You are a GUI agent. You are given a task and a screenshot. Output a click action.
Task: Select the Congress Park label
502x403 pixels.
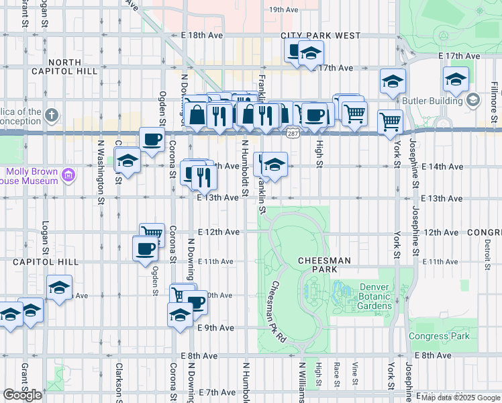pyautogui.click(x=439, y=337)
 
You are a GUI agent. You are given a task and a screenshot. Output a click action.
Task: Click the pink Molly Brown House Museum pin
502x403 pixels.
pyautogui.click(x=68, y=176)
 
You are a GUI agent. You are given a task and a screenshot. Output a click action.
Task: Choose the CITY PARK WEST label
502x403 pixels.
pyautogui.click(x=320, y=36)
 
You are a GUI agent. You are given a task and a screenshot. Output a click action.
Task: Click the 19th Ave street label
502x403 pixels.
pyautogui.click(x=283, y=10)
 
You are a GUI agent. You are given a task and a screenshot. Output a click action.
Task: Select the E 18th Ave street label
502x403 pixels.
pyautogui.click(x=201, y=35)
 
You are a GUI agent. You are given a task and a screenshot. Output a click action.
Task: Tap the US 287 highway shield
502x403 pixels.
pyautogui.click(x=293, y=134)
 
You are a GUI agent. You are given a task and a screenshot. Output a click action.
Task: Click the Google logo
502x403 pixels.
pyautogui.click(x=22, y=395)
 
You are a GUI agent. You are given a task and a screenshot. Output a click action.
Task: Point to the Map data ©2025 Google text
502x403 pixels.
pyautogui.click(x=460, y=398)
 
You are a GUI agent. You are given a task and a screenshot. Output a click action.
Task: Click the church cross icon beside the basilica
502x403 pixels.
pyautogui.click(x=52, y=116)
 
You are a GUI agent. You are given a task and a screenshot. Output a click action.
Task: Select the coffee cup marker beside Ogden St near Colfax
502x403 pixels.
pyautogui.click(x=152, y=140)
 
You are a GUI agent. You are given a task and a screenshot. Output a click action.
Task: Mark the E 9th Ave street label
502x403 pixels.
pyautogui.click(x=215, y=328)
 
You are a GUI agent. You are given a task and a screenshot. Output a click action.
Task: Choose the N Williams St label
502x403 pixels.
pyautogui.click(x=302, y=383)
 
